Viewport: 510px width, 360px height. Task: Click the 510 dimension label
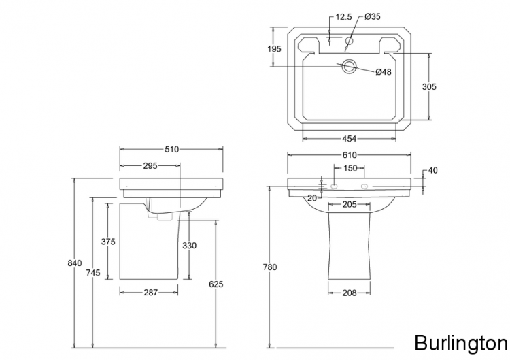(171, 150)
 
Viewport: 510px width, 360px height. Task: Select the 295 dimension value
(150, 165)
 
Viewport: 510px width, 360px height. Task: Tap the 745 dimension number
(93, 273)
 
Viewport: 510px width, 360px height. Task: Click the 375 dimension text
(107, 241)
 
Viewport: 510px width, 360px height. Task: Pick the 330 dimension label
(190, 245)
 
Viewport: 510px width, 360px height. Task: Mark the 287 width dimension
(150, 292)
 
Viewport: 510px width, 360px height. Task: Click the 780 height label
(270, 267)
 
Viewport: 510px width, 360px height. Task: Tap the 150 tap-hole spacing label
(350, 168)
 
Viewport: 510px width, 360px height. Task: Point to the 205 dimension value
(350, 205)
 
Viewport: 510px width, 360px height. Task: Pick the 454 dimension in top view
(349, 139)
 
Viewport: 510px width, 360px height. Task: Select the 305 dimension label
(429, 86)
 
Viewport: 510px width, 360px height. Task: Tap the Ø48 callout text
(383, 73)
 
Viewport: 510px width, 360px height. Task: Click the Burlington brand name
(461, 342)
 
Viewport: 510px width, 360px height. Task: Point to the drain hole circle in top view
(350, 66)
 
